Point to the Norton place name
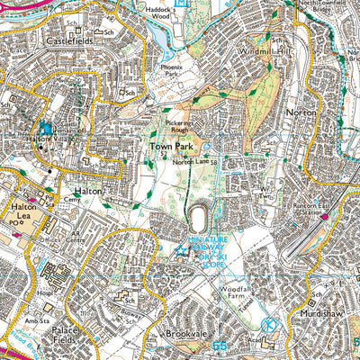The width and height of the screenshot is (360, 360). tap(301, 112)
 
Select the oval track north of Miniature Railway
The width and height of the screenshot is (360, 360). tap(196, 219)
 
